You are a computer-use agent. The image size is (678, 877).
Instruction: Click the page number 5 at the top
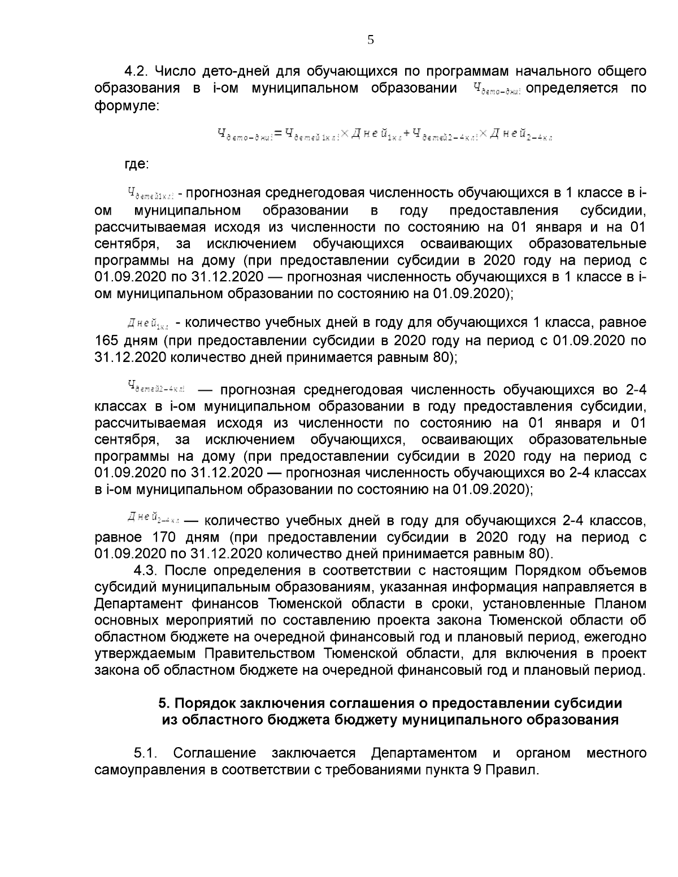point(371,40)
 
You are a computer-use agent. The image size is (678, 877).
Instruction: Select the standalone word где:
point(137,164)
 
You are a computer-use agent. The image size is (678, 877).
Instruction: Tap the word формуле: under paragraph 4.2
point(127,106)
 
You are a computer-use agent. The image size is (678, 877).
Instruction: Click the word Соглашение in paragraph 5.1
point(215,753)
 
